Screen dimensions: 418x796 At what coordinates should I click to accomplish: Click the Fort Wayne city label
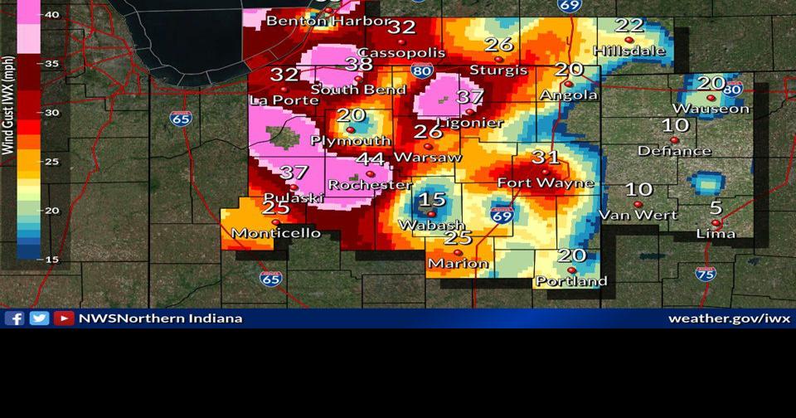(x=545, y=182)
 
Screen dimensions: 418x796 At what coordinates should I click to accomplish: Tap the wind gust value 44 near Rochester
(x=370, y=159)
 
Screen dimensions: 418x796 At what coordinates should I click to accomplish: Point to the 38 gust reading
(x=359, y=64)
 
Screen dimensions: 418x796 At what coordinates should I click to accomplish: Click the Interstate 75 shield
(x=706, y=274)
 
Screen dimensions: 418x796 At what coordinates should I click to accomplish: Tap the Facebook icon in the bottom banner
(x=14, y=318)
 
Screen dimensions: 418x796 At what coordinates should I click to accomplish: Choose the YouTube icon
(x=64, y=318)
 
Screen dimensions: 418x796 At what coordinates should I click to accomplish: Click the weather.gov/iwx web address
(x=729, y=318)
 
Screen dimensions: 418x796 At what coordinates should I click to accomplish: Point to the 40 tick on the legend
(x=51, y=14)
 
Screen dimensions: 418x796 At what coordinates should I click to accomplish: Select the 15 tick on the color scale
(x=51, y=260)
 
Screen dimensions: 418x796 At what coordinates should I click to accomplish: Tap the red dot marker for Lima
(x=716, y=222)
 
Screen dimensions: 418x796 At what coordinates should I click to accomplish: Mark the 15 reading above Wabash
(x=432, y=200)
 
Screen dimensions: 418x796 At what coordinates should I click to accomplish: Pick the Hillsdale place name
(x=629, y=51)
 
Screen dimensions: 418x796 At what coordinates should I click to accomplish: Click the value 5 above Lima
(x=716, y=208)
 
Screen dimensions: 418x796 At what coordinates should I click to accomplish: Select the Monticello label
(x=275, y=233)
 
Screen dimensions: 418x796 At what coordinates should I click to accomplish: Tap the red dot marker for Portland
(x=571, y=270)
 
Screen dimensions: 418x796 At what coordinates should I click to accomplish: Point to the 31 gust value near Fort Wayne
(x=546, y=157)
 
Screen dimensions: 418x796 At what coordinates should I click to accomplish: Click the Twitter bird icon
(x=39, y=318)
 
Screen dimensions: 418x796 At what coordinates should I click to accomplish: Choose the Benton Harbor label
(x=328, y=20)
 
